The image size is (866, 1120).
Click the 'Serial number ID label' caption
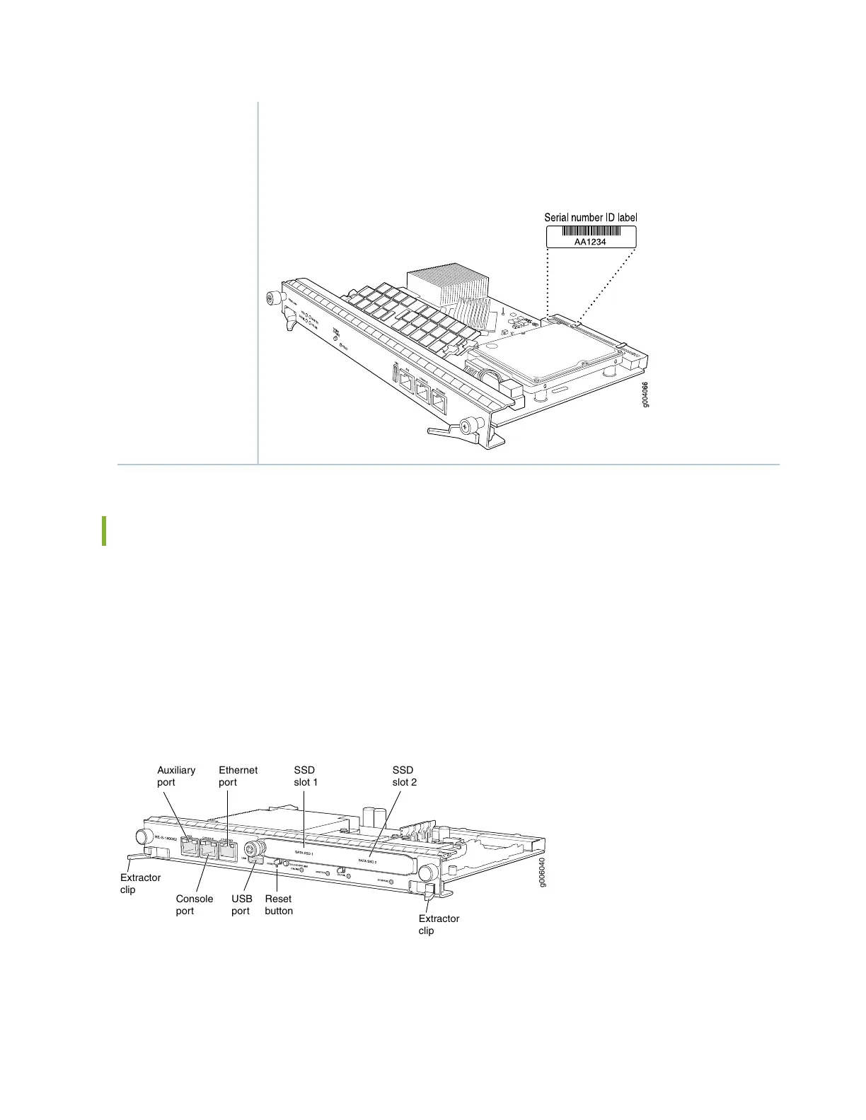tap(590, 217)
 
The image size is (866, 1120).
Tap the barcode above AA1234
tap(591, 231)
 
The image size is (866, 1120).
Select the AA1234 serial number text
tap(591, 241)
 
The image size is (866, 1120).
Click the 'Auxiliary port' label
tap(175, 776)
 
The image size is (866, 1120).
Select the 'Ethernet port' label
tap(238, 776)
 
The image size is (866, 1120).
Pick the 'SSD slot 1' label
tap(306, 776)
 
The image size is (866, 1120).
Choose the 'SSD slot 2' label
tap(405, 776)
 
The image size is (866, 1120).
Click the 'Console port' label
tap(194, 904)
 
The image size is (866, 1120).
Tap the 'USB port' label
tap(241, 904)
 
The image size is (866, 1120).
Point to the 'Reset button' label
tap(279, 904)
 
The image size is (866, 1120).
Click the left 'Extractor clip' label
tap(140, 883)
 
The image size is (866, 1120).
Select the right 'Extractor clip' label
tap(439, 924)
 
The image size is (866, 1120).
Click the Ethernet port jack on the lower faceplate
tap(228, 850)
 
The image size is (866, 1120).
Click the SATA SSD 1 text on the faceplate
tap(304, 853)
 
